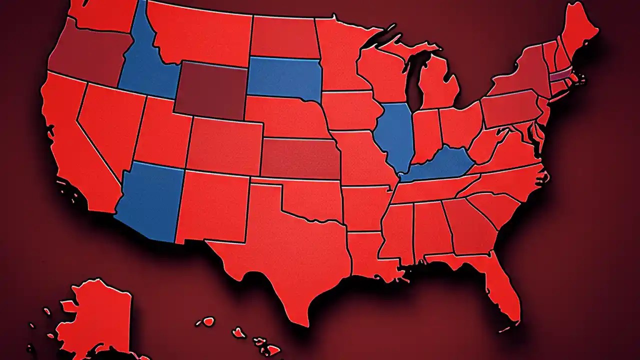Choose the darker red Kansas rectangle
coord(300,157)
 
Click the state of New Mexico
coord(212,205)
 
